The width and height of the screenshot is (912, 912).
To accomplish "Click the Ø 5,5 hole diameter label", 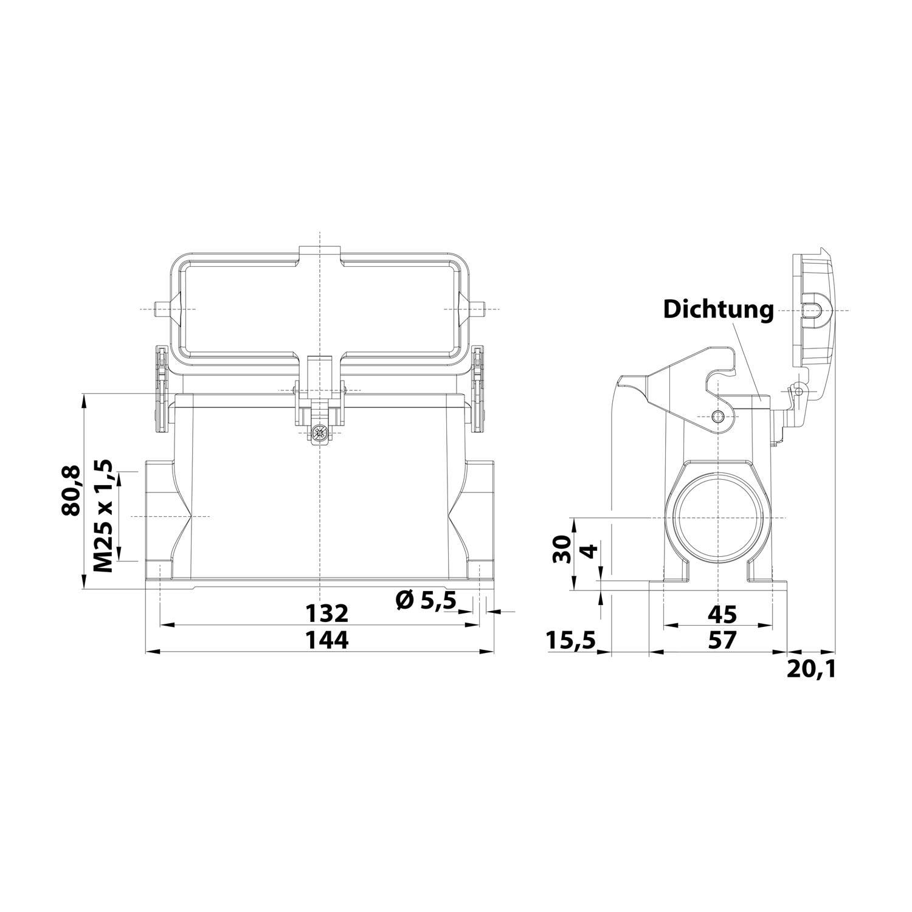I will tap(425, 600).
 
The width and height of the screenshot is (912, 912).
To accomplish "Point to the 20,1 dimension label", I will tap(811, 669).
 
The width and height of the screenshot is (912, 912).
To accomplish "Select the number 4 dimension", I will tap(588, 552).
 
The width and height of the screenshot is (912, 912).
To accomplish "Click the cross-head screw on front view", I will tap(319, 432).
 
